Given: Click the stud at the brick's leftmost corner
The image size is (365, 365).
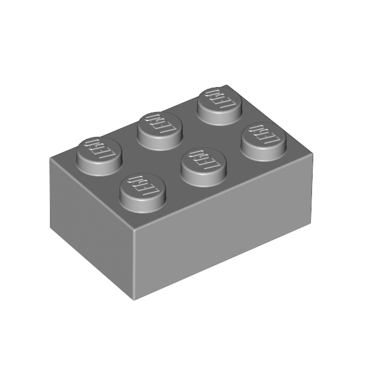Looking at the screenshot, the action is [99, 156].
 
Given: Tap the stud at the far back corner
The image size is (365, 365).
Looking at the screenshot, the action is [220, 106].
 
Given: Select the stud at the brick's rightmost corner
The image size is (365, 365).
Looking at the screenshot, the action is [264, 142].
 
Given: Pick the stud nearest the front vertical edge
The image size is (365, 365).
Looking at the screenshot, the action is [143, 193].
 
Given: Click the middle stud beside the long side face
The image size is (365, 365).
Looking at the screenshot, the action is [204, 167].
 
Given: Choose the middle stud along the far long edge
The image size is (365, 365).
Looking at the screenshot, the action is [159, 131].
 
